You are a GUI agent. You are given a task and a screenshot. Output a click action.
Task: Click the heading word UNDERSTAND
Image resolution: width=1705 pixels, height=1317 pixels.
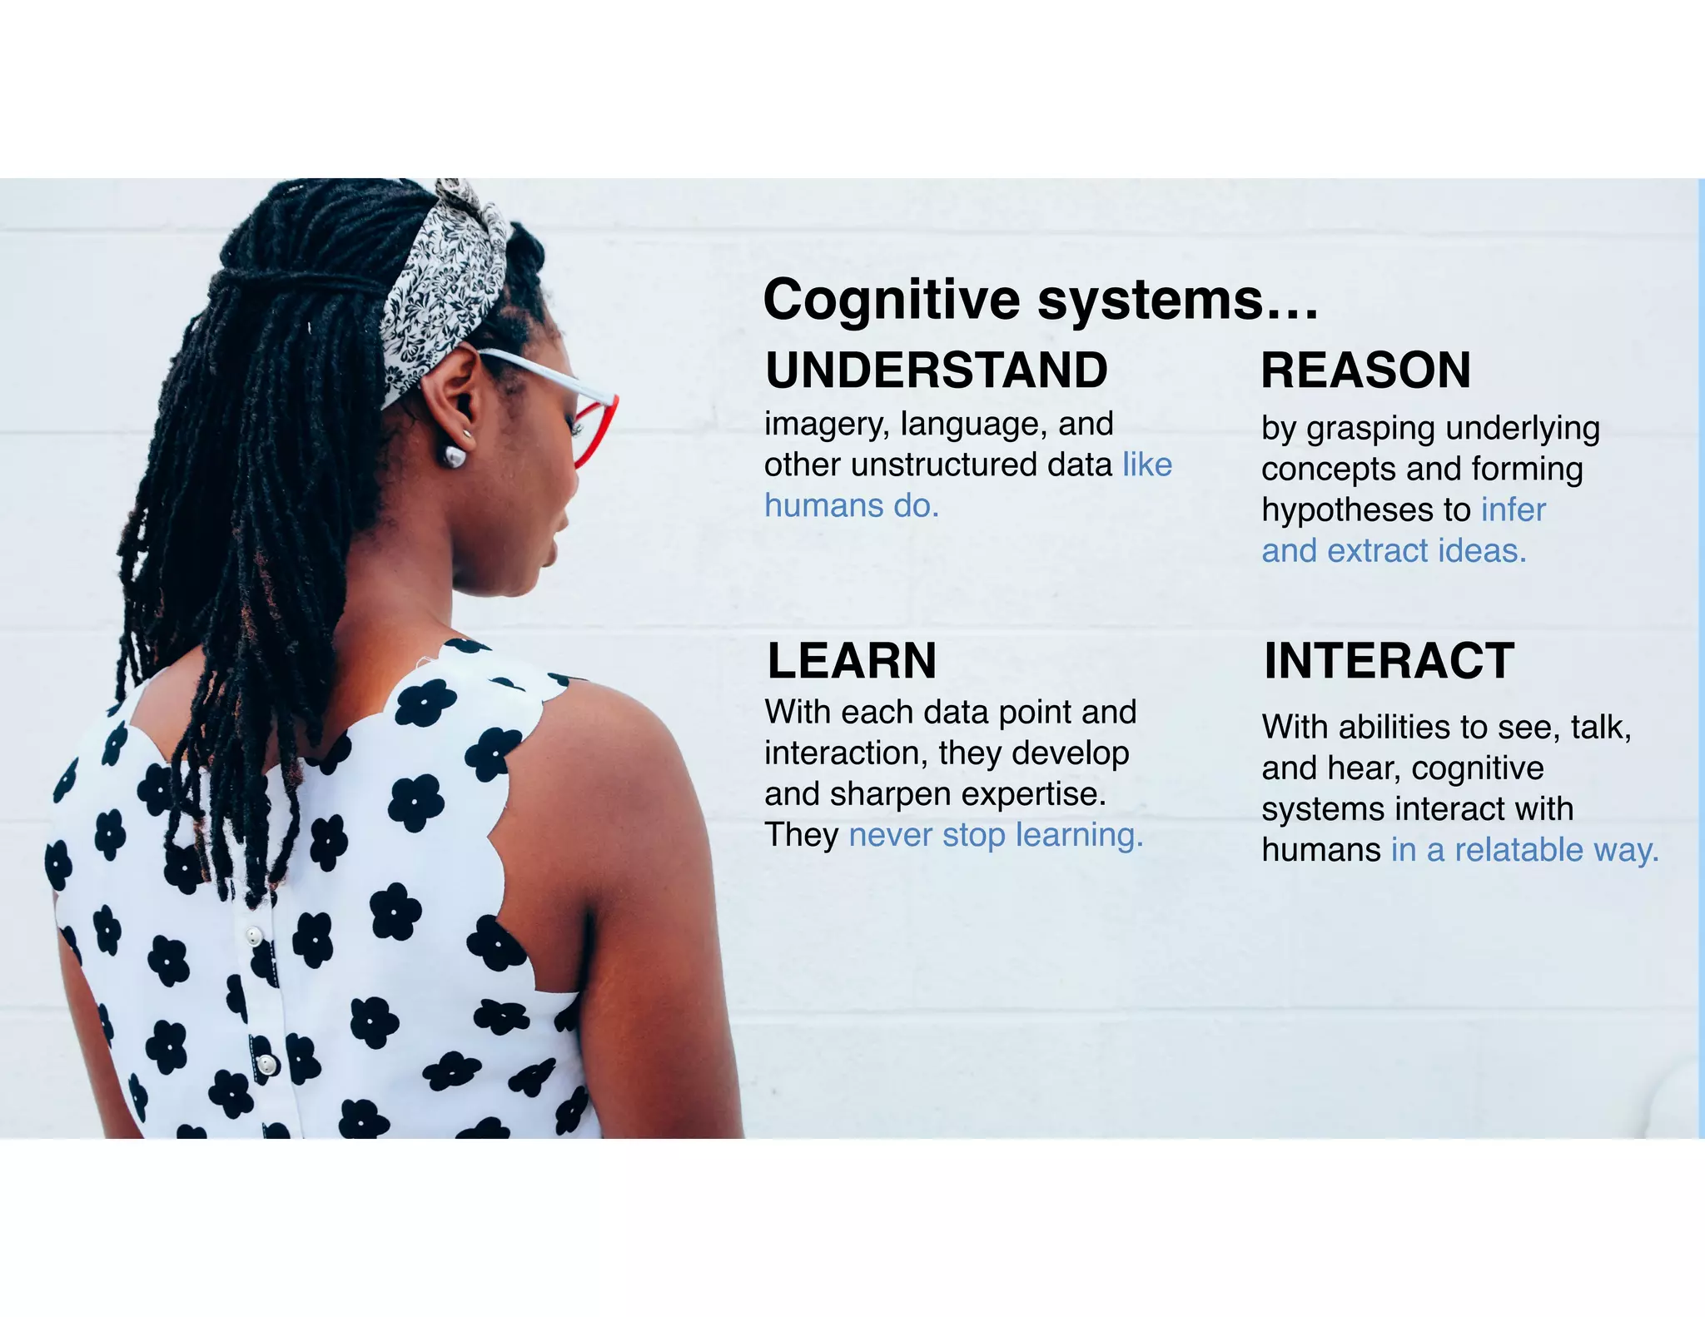[x=937, y=370]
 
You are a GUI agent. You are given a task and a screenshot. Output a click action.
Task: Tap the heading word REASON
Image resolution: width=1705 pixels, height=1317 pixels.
[x=1365, y=370]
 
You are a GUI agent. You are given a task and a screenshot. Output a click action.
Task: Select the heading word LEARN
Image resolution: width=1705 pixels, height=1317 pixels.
[x=852, y=661]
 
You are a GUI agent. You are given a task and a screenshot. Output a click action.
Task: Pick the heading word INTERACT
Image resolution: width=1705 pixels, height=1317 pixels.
[x=1389, y=661]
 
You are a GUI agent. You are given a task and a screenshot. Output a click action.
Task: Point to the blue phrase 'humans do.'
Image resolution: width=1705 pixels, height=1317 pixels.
[x=852, y=505]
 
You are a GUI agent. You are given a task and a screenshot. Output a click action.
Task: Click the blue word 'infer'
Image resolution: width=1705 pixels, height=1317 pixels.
[x=1513, y=509]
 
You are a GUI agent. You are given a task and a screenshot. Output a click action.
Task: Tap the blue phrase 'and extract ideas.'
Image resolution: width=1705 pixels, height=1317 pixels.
[x=1394, y=550]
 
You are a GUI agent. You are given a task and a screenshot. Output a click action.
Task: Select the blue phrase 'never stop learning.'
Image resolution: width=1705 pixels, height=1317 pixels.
[x=996, y=834]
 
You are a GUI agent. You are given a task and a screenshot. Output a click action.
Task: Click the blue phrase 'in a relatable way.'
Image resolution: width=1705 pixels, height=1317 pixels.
[x=1525, y=850]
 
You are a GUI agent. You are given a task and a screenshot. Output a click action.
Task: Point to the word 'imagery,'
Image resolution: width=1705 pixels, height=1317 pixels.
[x=827, y=425]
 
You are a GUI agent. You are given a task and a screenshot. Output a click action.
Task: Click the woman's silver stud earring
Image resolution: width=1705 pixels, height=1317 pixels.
[x=455, y=455]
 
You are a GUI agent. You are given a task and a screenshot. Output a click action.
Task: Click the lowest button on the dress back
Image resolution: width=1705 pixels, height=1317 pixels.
[x=266, y=1064]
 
